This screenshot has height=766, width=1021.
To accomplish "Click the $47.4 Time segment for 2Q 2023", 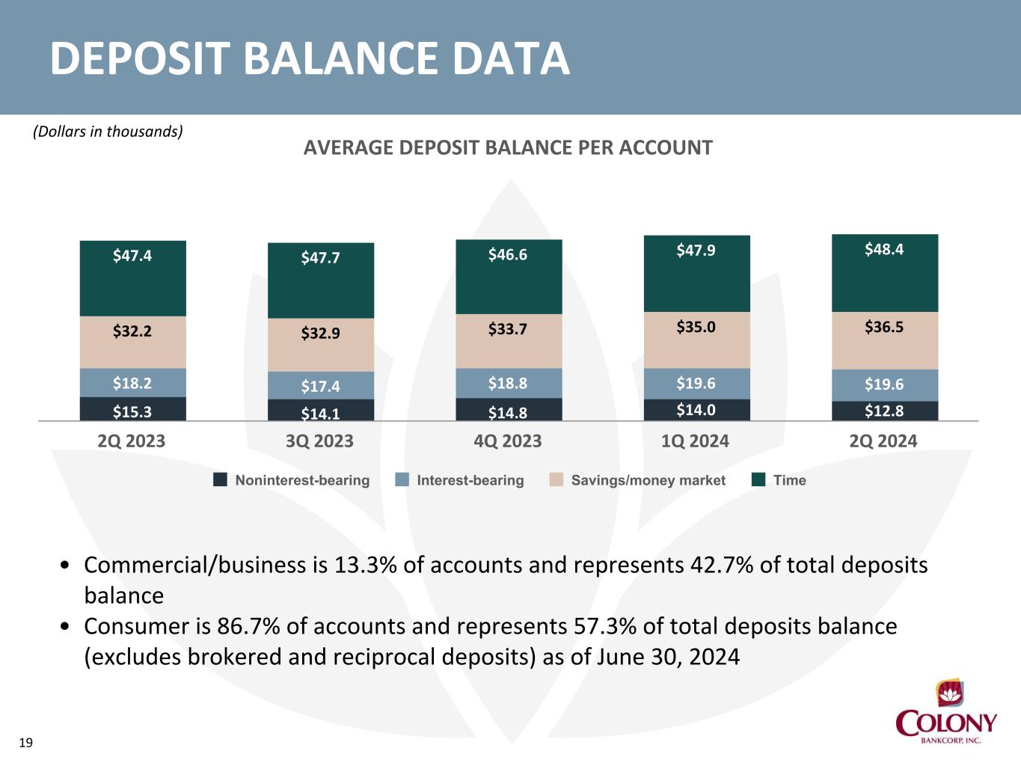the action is click(x=132, y=278).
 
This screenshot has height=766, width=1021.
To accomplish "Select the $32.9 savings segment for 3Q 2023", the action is click(x=320, y=345).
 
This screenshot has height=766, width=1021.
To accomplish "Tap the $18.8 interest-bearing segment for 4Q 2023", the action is click(x=509, y=383).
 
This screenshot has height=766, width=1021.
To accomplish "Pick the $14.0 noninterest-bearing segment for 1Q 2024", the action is click(x=697, y=410).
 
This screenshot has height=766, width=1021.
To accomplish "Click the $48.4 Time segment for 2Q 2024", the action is click(x=885, y=273).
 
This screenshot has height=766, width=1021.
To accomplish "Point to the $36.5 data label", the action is click(x=884, y=327).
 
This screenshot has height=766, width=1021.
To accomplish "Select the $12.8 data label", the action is click(x=884, y=411).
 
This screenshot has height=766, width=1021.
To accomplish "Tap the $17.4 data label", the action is click(x=320, y=386).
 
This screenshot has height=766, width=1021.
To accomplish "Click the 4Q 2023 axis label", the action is click(x=507, y=441).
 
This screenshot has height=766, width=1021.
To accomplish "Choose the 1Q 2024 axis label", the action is click(x=696, y=441).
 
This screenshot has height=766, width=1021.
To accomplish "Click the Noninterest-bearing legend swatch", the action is click(x=220, y=479).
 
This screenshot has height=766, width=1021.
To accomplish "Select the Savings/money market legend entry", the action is click(x=637, y=480).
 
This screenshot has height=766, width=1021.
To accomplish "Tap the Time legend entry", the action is click(x=779, y=480).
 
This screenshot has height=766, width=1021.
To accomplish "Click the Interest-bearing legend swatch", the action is click(x=402, y=479).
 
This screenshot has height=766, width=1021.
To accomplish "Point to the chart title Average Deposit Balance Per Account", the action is click(x=508, y=148).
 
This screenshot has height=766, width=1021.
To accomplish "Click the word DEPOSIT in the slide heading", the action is click(x=140, y=58).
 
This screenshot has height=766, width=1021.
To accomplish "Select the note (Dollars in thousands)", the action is click(x=108, y=132).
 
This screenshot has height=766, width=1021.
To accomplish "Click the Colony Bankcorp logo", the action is click(x=946, y=711).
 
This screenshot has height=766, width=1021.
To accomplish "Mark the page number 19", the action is click(x=26, y=743).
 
